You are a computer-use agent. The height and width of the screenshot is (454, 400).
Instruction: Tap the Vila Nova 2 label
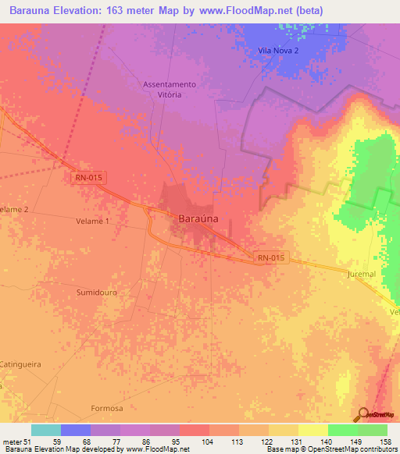point(278,51)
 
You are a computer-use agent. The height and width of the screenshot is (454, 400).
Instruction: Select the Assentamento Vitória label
point(169,89)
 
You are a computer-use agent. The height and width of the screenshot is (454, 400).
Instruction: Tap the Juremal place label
point(362,275)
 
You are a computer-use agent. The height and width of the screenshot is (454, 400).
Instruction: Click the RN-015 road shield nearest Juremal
point(272,257)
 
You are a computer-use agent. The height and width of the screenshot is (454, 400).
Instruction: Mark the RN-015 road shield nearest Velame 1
point(88,178)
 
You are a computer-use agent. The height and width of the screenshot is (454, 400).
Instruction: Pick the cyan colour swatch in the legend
point(46,430)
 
